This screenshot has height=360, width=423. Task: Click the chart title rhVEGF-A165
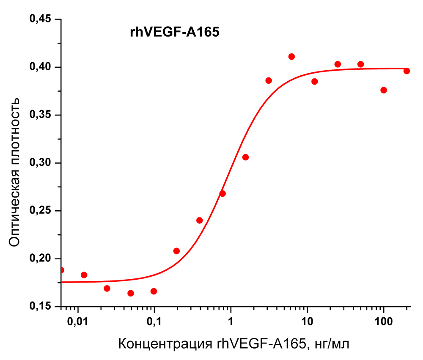[174, 33]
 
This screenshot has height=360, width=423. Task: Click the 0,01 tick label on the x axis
[78, 323]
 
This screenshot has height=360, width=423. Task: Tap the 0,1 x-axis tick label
[154, 323]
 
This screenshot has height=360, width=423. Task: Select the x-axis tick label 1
[231, 323]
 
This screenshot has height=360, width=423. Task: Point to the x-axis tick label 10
[307, 323]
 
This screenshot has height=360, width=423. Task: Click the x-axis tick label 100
[383, 323]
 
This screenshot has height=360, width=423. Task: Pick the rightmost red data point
[407, 71]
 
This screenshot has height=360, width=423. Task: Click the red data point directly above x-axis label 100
[384, 90]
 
